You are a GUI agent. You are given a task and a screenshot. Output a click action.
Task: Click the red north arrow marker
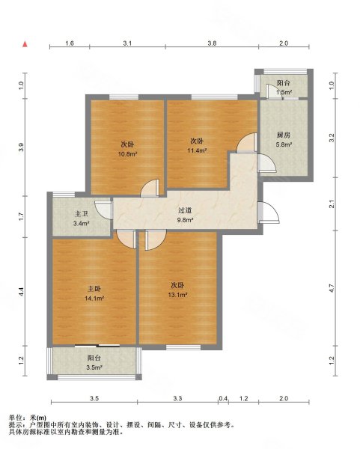tap(25, 44)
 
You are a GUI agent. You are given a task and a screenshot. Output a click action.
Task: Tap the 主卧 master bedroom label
tap(94, 289)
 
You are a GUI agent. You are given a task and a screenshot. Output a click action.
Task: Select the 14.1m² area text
tap(94, 299)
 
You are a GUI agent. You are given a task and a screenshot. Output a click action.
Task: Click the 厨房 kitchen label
tap(284, 135)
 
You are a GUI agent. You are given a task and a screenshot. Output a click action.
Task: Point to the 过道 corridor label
tap(185, 210)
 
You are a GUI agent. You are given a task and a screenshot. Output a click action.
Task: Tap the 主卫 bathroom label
tap(81, 214)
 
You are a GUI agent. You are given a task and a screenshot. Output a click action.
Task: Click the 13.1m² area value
tap(177, 295)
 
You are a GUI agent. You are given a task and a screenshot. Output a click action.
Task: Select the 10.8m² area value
tap(127, 154)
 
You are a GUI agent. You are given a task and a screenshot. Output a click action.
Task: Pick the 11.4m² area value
tap(197, 150)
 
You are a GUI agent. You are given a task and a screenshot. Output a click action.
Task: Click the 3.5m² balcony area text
tap(94, 367)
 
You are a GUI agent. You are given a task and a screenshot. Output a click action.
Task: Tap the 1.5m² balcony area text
tap(284, 92)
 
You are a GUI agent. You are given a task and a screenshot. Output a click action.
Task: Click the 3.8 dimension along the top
tap(212, 43)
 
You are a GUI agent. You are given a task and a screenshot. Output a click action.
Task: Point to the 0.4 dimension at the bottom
tap(223, 398)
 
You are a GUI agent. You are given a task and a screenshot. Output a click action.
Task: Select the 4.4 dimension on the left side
tap(21, 292)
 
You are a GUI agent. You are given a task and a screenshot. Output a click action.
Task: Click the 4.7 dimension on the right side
tap(332, 288)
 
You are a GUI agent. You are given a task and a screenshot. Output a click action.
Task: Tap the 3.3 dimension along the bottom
tap(177, 398)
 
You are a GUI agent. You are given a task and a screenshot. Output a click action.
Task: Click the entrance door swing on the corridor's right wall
tap(269, 213)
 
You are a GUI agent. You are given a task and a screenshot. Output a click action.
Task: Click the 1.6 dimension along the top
tap(70, 43)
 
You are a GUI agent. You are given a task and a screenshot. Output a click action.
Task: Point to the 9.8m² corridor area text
tap(185, 220)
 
